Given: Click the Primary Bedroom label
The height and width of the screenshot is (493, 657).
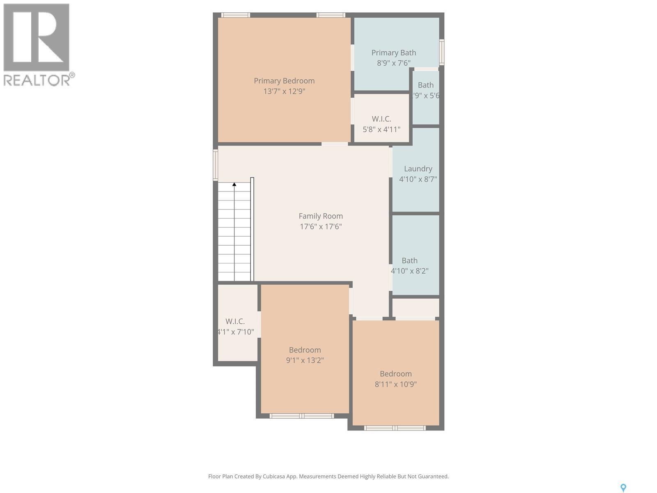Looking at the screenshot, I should click(284, 81).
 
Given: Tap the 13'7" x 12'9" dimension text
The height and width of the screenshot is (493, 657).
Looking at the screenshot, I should click(284, 91).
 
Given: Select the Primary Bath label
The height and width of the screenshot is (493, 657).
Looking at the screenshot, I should click(393, 53).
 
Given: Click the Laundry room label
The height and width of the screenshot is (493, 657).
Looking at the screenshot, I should click(418, 168).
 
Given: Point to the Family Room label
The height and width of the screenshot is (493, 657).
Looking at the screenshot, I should click(320, 216).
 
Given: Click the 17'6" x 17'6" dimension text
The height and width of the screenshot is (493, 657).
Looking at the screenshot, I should click(320, 226).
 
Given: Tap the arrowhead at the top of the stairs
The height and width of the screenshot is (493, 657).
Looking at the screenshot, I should click(234, 184).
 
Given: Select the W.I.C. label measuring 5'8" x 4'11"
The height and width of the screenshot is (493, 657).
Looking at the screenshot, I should click(381, 119).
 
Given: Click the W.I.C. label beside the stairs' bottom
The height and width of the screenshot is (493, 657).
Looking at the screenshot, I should click(235, 321).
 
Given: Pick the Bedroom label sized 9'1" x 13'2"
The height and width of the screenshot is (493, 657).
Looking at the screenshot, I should click(305, 350).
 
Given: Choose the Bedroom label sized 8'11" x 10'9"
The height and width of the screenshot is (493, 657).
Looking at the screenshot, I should click(395, 373).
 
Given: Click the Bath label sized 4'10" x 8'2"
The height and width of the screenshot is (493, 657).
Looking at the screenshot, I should click(409, 260).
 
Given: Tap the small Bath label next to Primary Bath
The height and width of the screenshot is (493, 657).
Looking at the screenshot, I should click(425, 85).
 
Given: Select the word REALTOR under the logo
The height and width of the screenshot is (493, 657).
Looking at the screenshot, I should click(37, 80).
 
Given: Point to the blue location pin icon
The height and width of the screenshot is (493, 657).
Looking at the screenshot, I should click(623, 488).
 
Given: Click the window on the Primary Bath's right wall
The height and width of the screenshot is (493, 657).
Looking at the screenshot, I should click(441, 52).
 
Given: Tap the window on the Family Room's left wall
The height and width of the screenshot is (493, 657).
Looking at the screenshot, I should click(215, 164).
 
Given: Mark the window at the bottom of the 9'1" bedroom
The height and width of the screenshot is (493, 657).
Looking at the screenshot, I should click(301, 416).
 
